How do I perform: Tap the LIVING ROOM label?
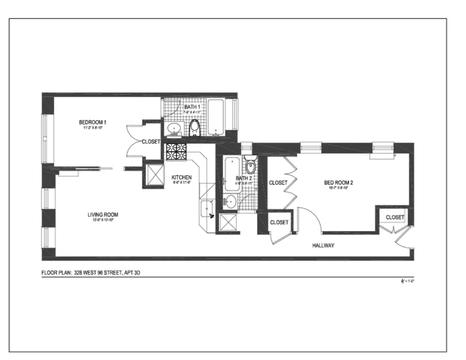point(101,215)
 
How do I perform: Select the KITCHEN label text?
point(181,178)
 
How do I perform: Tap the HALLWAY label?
point(323,246)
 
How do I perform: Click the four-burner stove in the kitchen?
point(177,151)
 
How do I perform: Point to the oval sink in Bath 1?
point(174,128)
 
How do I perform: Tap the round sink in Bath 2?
point(230,201)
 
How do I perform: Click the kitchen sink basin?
point(208,208)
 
